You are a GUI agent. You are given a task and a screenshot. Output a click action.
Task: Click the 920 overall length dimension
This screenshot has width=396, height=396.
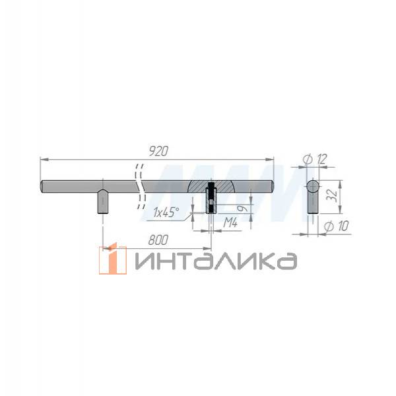(x=157, y=151)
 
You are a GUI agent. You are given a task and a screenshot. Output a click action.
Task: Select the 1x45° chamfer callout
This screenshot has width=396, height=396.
(x=167, y=213)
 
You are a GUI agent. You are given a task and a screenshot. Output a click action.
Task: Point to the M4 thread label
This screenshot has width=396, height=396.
(x=230, y=223)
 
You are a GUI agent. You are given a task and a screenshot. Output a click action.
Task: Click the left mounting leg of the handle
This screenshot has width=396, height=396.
(x=103, y=202)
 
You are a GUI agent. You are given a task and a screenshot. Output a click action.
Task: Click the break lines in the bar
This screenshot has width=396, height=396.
(x=139, y=184)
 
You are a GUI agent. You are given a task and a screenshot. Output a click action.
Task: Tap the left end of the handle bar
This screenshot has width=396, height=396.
(x=43, y=186)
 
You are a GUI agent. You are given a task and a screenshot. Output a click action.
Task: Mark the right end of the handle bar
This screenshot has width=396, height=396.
(x=271, y=186)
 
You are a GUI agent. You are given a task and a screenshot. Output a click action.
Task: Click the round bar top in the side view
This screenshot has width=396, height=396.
(x=313, y=186)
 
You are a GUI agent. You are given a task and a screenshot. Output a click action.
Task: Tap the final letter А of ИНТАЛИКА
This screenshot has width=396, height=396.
(x=285, y=261)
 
